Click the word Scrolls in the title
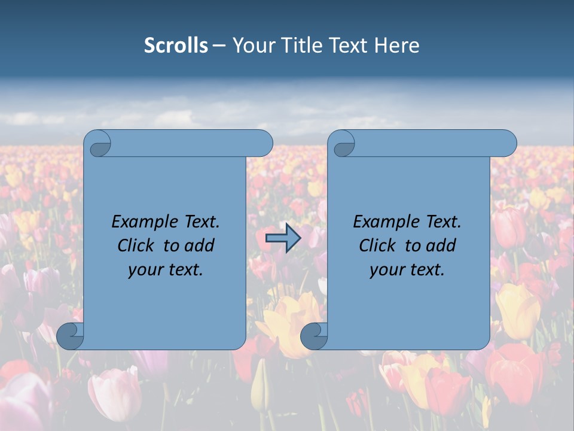click(176, 45)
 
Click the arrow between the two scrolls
click(283, 239)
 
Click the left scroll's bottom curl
click(71, 336)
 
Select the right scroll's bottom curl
click(314, 336)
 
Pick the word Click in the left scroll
click(135, 245)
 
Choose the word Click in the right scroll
click(377, 245)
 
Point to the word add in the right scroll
click(441, 245)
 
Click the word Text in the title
click(348, 45)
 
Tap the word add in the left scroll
click(199, 245)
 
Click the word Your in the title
click(248, 45)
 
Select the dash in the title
click(219, 45)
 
